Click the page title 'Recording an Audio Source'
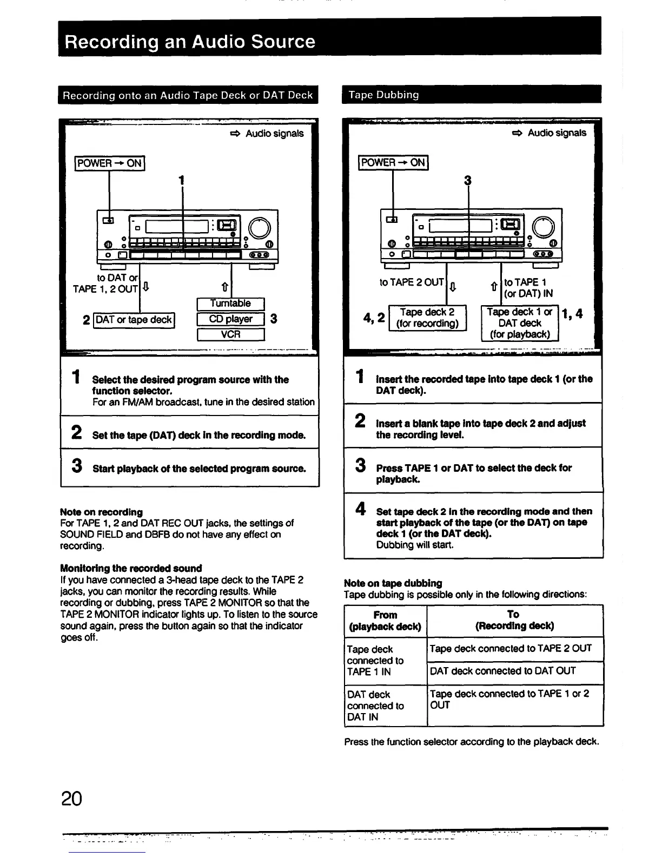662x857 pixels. point(190,42)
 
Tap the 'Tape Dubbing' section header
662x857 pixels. point(383,95)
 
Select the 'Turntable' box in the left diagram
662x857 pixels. point(230,304)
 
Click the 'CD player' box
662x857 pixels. point(230,319)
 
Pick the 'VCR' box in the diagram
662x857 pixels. point(230,334)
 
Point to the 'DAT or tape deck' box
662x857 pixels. point(134,320)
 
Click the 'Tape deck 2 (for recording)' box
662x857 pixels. point(427,318)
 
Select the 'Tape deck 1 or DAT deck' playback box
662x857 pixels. point(519,323)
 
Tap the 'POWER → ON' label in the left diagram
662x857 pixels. point(110,163)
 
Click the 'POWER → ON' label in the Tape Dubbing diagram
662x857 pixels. point(393,162)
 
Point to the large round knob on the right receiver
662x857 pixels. point(543,227)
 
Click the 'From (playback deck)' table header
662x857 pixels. point(385,621)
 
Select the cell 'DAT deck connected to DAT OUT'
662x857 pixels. point(502,671)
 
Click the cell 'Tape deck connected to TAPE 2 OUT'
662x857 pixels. point(511,648)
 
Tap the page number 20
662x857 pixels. point(71,799)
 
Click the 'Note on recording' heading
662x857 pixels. point(101,512)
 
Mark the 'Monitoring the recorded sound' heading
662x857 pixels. point(131,568)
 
